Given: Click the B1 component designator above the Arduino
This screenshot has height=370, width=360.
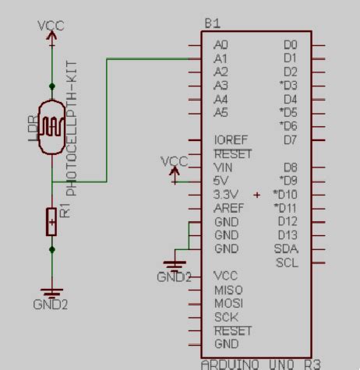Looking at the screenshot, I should [x=212, y=23].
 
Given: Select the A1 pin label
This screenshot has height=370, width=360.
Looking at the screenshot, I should [x=221, y=58].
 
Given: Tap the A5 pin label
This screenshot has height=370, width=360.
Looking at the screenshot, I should [x=221, y=113].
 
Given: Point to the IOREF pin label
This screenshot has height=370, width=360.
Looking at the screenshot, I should [x=230, y=140].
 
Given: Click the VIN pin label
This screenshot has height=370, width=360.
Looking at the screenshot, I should [x=222, y=167].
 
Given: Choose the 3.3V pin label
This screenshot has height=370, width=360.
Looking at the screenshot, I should [x=226, y=194].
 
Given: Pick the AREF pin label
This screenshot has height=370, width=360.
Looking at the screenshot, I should [x=228, y=208].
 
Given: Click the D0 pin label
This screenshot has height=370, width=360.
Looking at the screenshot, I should [x=290, y=45].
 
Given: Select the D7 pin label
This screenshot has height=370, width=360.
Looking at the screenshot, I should [x=290, y=140].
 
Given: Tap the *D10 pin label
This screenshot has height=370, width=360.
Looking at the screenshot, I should [x=285, y=194].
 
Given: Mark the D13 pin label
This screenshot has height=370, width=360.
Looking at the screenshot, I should [x=288, y=234].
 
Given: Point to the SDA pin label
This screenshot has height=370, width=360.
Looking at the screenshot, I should [x=286, y=248].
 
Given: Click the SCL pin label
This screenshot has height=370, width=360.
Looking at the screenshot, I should [x=286, y=263].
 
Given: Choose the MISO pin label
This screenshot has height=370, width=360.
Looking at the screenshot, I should [x=228, y=290].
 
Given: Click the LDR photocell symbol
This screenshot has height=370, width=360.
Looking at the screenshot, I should [x=52, y=125].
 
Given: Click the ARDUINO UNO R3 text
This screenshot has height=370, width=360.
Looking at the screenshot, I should [x=260, y=364].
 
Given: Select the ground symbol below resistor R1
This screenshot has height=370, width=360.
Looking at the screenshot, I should [x=52, y=294].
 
